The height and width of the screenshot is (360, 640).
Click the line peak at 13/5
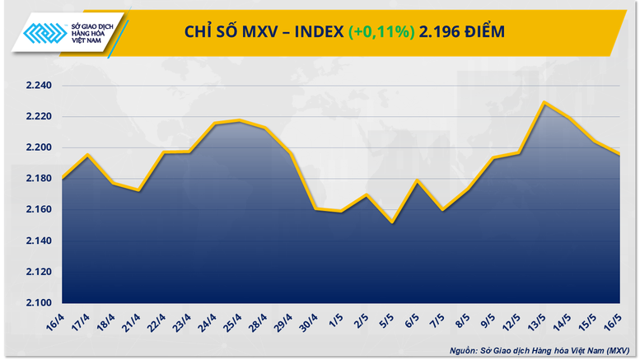point(544,103)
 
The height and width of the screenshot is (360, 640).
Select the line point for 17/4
point(87,155)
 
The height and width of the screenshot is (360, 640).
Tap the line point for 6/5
point(418,180)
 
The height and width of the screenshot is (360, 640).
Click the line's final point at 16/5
point(619,154)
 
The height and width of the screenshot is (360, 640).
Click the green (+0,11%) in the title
point(381,32)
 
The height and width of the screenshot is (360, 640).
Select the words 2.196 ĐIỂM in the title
point(462,32)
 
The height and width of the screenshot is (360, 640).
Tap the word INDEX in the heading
point(313,32)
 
